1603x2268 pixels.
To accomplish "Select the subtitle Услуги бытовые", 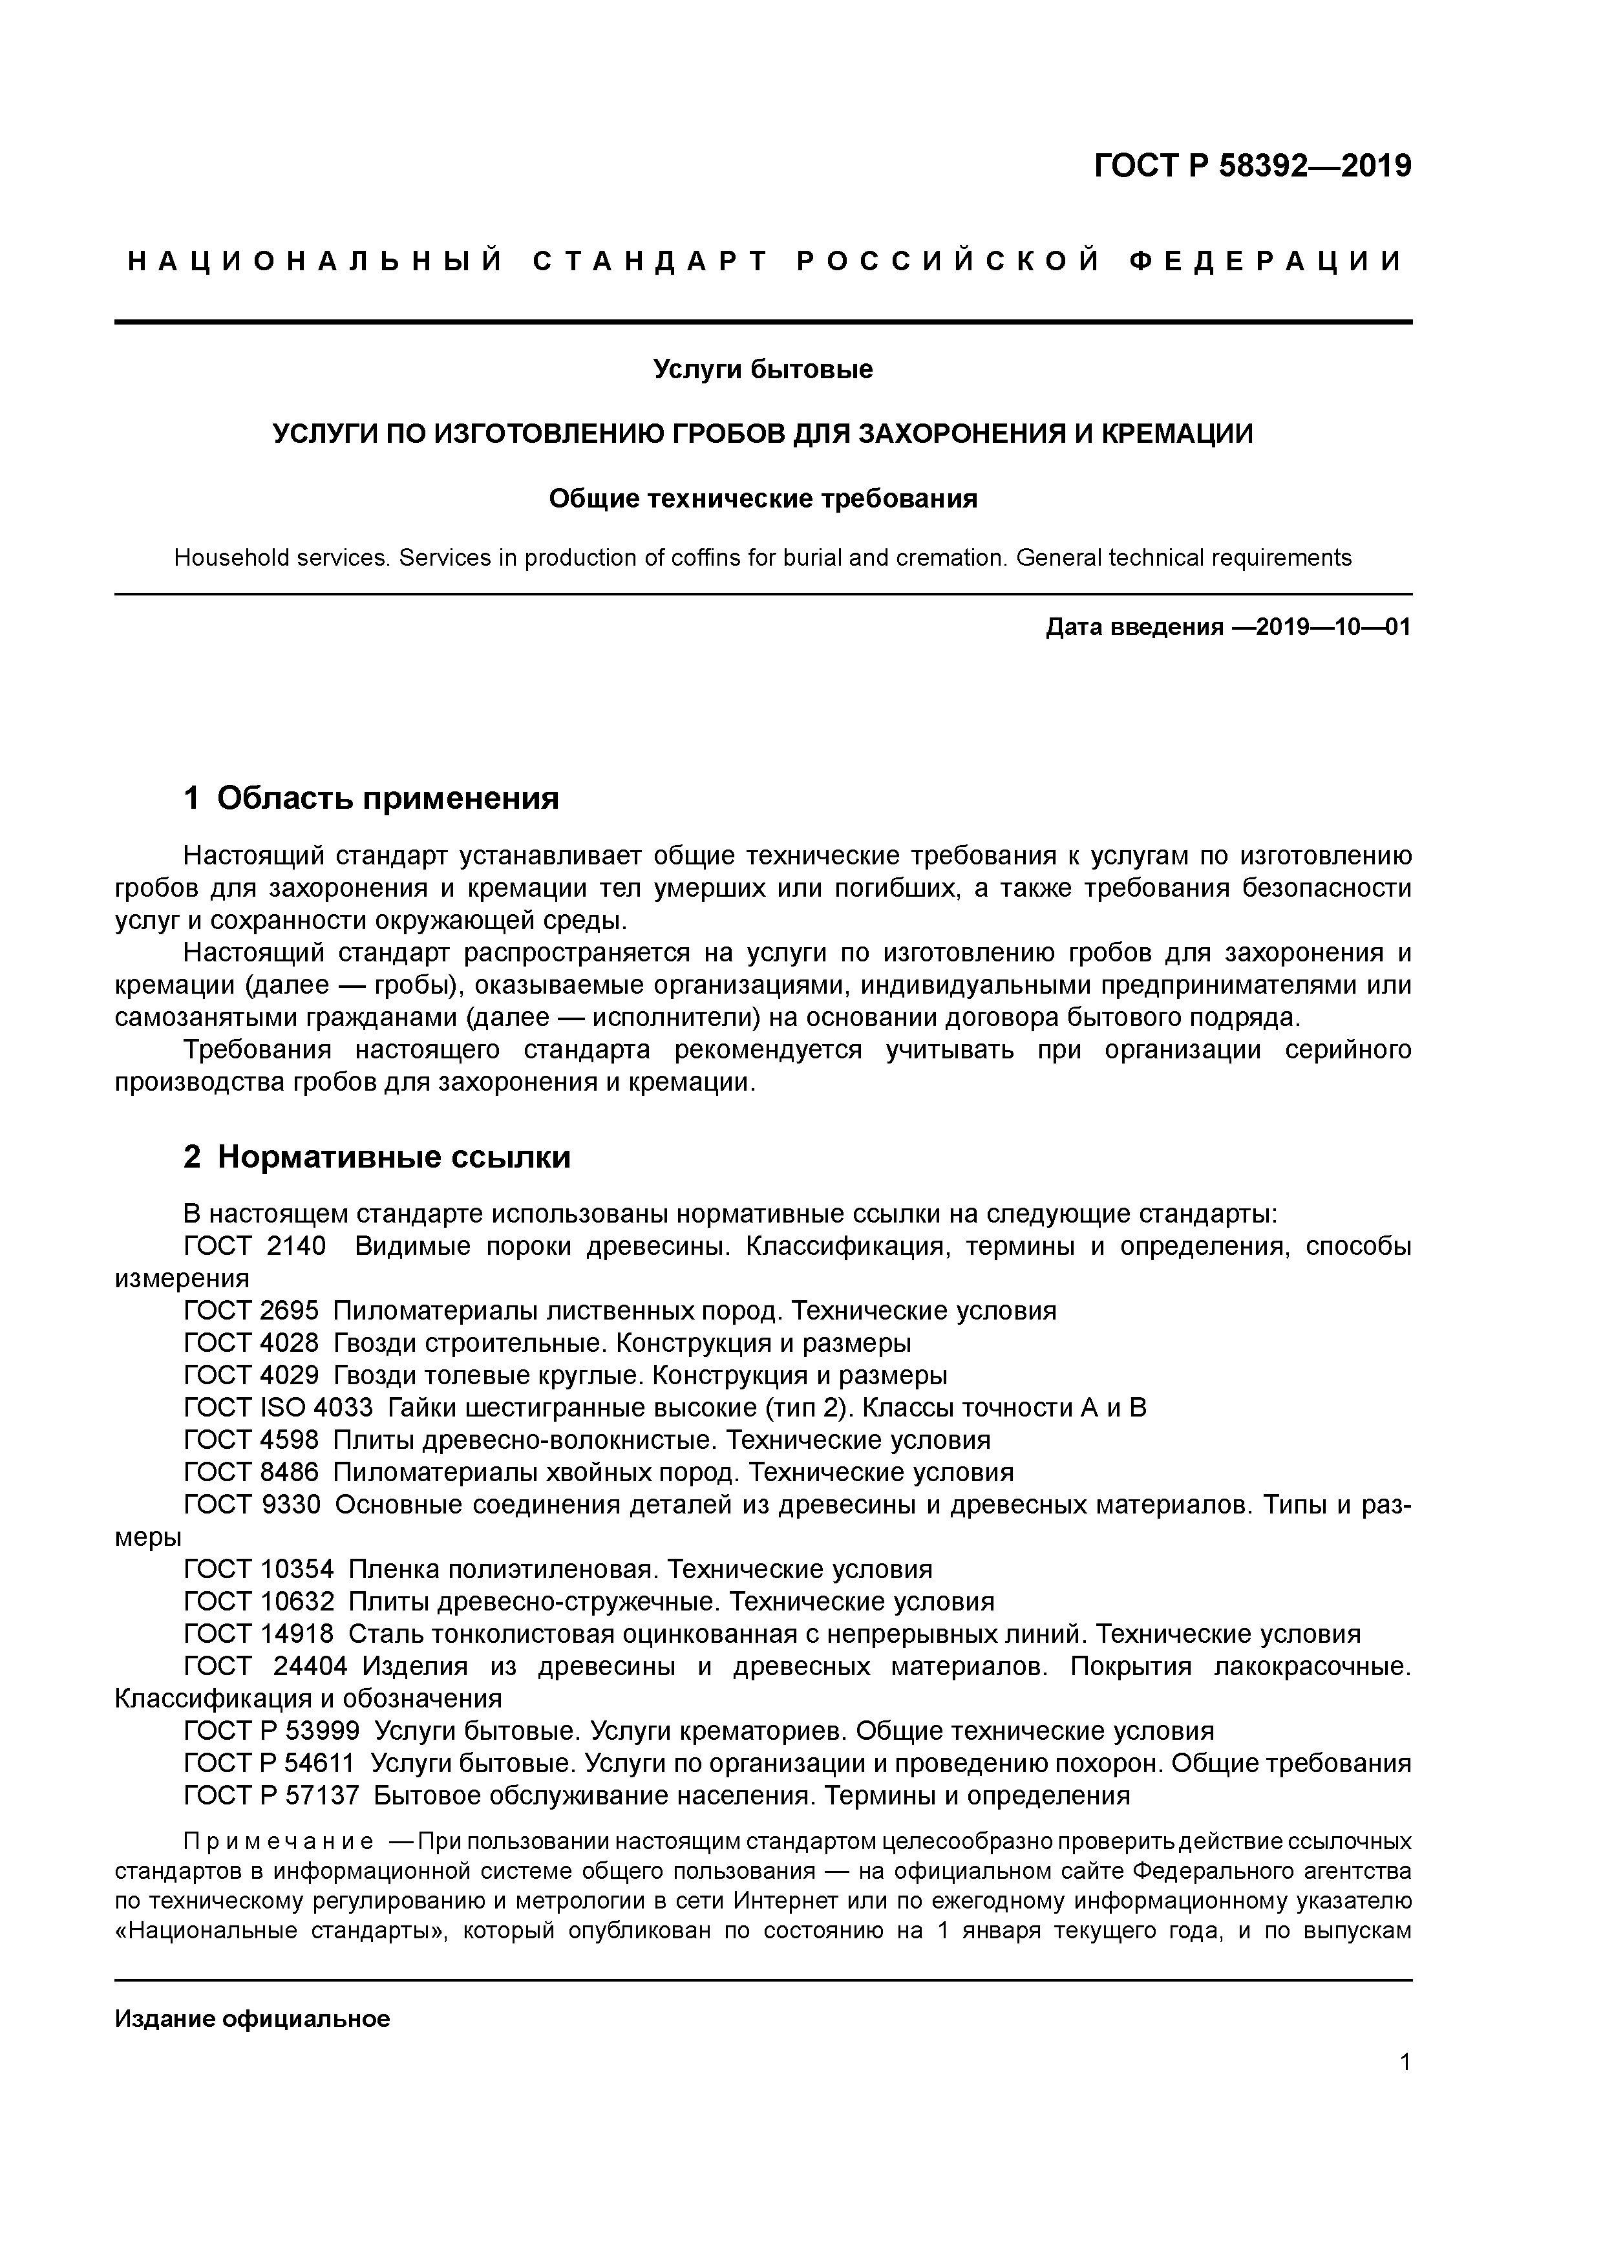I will coord(763,369).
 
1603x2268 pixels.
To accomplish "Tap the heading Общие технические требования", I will coord(763,499).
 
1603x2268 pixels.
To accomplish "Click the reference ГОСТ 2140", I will coord(255,1246).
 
